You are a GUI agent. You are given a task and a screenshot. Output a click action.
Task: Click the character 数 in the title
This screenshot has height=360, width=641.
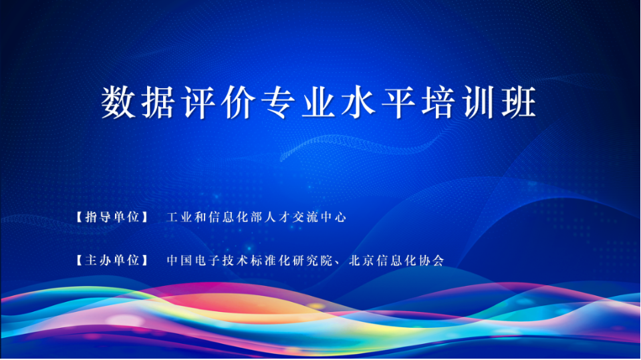point(118,102)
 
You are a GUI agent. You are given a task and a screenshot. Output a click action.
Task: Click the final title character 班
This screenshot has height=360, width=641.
point(519,102)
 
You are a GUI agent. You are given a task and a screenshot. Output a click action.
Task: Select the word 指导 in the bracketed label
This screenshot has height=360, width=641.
point(98,216)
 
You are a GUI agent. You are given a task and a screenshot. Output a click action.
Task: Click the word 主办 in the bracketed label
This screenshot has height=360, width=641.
point(98,260)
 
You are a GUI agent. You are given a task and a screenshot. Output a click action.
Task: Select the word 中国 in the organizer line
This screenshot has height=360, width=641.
point(179,260)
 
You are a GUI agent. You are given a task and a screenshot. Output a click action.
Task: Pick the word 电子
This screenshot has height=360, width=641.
point(207,260)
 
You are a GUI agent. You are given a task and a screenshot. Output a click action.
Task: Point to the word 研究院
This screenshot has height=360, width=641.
point(312,260)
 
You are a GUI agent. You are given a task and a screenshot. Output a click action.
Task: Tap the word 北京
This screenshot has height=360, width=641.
point(362,260)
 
